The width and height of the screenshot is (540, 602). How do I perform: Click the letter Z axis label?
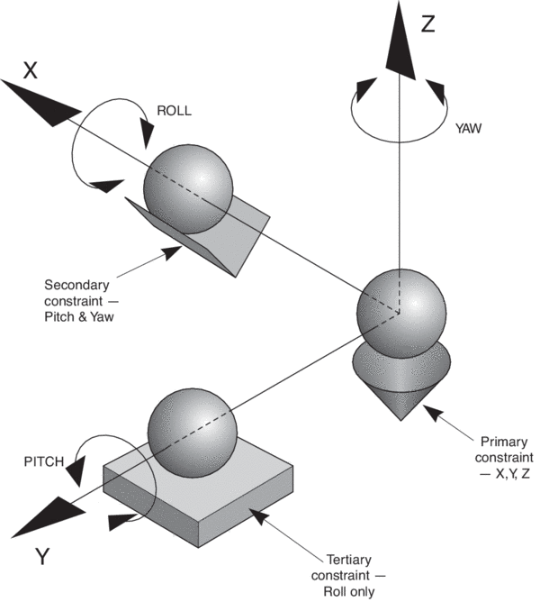427,24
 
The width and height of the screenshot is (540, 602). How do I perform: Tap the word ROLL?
175,112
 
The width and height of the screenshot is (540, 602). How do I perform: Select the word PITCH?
46,462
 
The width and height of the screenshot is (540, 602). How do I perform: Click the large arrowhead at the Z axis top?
397,41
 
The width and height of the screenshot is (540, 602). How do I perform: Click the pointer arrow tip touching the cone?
426,406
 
